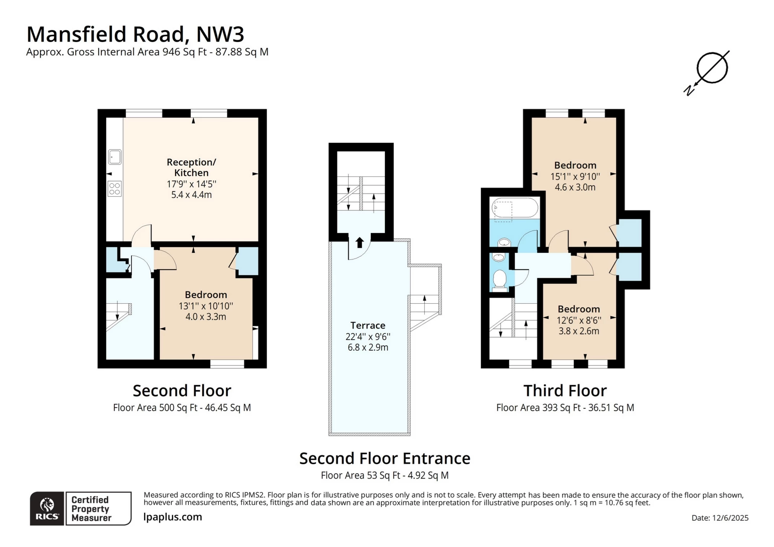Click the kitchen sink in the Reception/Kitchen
point(115,157)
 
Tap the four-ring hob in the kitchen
point(115,189)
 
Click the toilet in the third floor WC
point(499,279)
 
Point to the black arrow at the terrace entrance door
point(359,243)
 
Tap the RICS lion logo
point(47,505)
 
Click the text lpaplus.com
point(173,517)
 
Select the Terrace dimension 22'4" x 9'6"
point(368,337)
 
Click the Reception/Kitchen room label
point(191,167)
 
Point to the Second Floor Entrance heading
point(385,458)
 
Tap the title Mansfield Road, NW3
point(135,34)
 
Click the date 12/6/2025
point(730,518)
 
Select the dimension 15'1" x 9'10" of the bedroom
point(575,176)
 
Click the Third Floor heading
point(565,391)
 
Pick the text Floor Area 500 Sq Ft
point(155,408)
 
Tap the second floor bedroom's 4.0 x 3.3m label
point(206,317)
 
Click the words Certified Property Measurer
point(91,509)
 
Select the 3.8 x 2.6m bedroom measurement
point(579,331)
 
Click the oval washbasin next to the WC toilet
point(498,257)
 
